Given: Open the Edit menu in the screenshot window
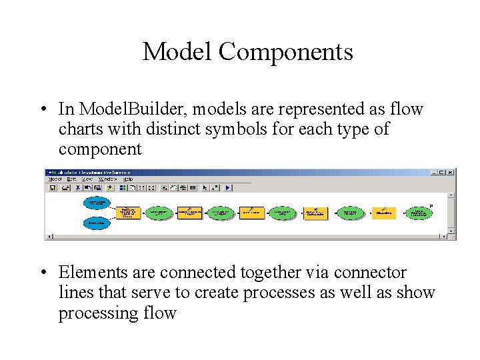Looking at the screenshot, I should (x=69, y=179).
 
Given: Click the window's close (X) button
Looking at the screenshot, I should (x=451, y=172).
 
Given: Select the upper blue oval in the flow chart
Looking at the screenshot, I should (x=97, y=201).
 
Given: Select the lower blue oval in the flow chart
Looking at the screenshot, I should (x=97, y=224).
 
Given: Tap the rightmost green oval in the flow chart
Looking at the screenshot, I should (x=419, y=213).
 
